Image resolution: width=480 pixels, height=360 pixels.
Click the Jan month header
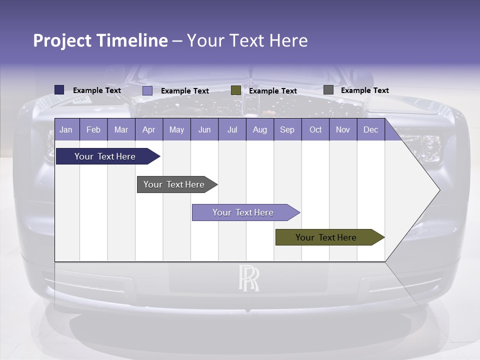coord(66,129)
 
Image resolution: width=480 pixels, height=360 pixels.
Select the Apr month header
coord(148,129)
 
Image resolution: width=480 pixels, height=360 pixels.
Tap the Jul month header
coord(232,129)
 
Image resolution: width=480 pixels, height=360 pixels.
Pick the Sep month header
coord(287,129)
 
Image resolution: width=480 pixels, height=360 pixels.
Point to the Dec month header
coord(370,129)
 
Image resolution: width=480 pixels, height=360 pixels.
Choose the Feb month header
coord(93,129)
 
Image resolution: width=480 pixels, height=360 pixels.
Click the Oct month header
coord(315,129)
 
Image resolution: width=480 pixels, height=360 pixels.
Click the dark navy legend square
coord(59,90)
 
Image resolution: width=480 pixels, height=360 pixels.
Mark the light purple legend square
coord(147,90)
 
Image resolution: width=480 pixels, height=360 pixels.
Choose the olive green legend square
coord(236,90)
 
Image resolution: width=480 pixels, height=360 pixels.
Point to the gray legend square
coord(328,90)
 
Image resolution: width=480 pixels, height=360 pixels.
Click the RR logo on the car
coord(248,278)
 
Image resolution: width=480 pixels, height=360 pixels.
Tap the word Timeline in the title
coord(132,40)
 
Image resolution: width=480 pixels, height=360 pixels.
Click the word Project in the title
coord(62,40)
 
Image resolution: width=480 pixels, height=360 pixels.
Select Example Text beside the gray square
coord(364,90)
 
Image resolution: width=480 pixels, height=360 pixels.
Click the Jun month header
coord(204,129)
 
